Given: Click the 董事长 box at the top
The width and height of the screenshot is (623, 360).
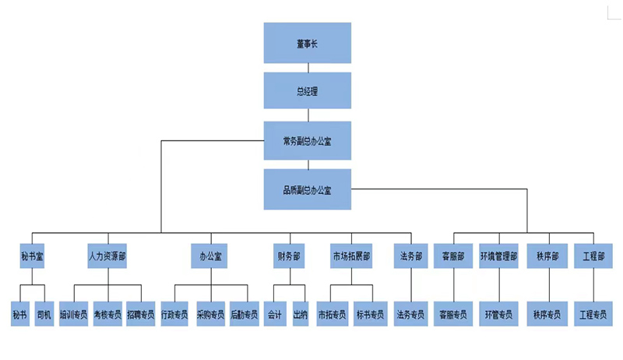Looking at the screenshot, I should click(308, 43).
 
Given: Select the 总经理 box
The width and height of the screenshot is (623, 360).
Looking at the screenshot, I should click(308, 91).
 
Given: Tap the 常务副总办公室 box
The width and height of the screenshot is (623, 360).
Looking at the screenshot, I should click(308, 141).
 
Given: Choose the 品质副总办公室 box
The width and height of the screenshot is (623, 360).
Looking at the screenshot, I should click(308, 189).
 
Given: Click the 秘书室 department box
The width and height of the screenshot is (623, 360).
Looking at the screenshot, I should click(32, 256).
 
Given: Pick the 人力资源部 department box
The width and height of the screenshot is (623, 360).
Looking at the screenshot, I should click(107, 256).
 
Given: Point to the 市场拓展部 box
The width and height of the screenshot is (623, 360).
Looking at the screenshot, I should click(351, 256).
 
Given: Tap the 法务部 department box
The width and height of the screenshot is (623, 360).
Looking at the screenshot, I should click(411, 256).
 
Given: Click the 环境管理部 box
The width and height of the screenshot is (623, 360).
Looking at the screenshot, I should click(498, 256).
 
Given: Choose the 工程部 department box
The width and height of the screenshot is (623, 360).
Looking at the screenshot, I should click(593, 256).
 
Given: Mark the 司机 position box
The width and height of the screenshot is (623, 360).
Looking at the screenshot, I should click(44, 314).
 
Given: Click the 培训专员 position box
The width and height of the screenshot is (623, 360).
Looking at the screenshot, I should click(74, 314).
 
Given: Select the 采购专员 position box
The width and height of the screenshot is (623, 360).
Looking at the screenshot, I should click(210, 314).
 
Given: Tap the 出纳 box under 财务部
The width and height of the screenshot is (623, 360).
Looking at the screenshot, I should click(301, 314).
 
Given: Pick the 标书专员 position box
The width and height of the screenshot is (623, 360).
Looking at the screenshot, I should click(371, 314).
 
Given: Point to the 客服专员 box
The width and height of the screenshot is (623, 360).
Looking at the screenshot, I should click(453, 314).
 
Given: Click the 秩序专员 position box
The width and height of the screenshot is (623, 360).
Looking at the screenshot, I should click(547, 314).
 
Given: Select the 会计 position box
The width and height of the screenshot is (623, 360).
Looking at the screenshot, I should click(274, 314).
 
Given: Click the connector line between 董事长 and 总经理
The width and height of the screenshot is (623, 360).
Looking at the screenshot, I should click(308, 68).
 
